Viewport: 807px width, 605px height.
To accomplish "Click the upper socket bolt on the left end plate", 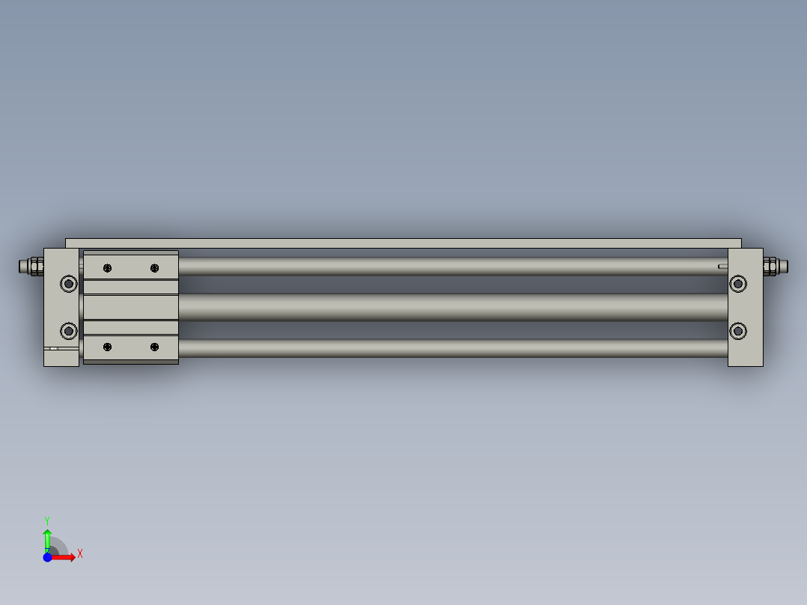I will click(69, 283).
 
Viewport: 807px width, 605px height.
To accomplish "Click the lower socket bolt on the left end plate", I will click(69, 330).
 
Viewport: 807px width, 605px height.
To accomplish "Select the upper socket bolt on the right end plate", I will click(738, 283).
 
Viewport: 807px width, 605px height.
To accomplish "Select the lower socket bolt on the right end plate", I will click(738, 330).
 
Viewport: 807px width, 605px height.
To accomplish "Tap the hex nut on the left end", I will click(35, 266).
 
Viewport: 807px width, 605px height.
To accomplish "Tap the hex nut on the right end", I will click(770, 266).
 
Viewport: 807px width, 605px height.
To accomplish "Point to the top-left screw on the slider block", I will click(108, 268).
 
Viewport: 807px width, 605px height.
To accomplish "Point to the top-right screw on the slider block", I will click(155, 268).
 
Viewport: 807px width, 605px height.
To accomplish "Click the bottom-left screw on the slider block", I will click(108, 347).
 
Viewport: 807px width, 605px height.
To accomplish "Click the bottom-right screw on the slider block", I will click(155, 347).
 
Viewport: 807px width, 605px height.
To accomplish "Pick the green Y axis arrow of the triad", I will click(47, 538).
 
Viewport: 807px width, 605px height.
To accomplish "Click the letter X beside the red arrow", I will click(79, 554).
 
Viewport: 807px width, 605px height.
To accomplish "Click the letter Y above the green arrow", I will click(46, 520).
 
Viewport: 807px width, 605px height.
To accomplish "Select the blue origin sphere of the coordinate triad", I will click(47, 557).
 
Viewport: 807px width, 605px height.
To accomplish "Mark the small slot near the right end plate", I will click(722, 266).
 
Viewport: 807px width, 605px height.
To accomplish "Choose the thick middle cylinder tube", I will click(449, 307).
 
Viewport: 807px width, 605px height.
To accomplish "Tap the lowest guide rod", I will click(449, 348).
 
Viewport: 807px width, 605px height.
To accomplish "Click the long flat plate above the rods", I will click(404, 243).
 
